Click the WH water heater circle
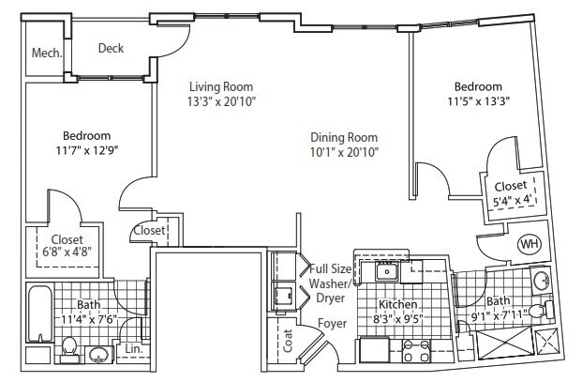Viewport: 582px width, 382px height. [530, 244]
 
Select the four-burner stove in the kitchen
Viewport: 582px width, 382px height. [416, 351]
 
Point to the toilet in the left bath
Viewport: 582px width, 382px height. [68, 351]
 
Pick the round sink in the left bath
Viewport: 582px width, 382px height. [99, 355]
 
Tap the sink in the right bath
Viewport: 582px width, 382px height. [542, 280]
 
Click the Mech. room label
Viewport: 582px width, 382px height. [46, 53]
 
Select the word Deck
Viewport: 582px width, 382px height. [111, 49]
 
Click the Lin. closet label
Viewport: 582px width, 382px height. [133, 348]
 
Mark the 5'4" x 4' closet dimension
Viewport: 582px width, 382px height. [507, 199]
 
